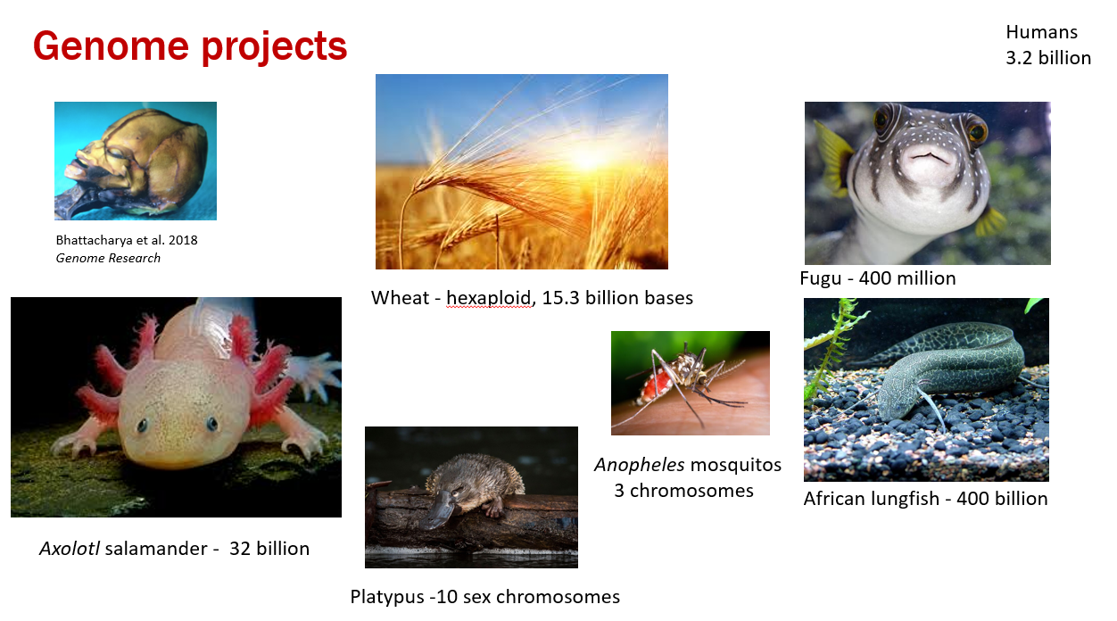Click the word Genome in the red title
pyautogui.click(x=111, y=46)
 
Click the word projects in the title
pyautogui.click(x=274, y=48)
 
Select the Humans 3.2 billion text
pyautogui.click(x=1048, y=45)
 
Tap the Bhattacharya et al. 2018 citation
pyautogui.click(x=127, y=240)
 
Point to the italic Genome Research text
pyautogui.click(x=108, y=258)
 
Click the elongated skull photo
pyautogui.click(x=136, y=161)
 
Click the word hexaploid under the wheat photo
pyautogui.click(x=488, y=298)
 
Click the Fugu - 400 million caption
pyautogui.click(x=878, y=278)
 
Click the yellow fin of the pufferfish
pyautogui.click(x=833, y=155)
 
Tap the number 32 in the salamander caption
pyautogui.click(x=240, y=549)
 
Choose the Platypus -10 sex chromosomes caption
pyautogui.click(x=484, y=597)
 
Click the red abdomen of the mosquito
pyautogui.click(x=651, y=385)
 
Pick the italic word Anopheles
pyautogui.click(x=640, y=465)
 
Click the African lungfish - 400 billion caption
pyautogui.click(x=925, y=499)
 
